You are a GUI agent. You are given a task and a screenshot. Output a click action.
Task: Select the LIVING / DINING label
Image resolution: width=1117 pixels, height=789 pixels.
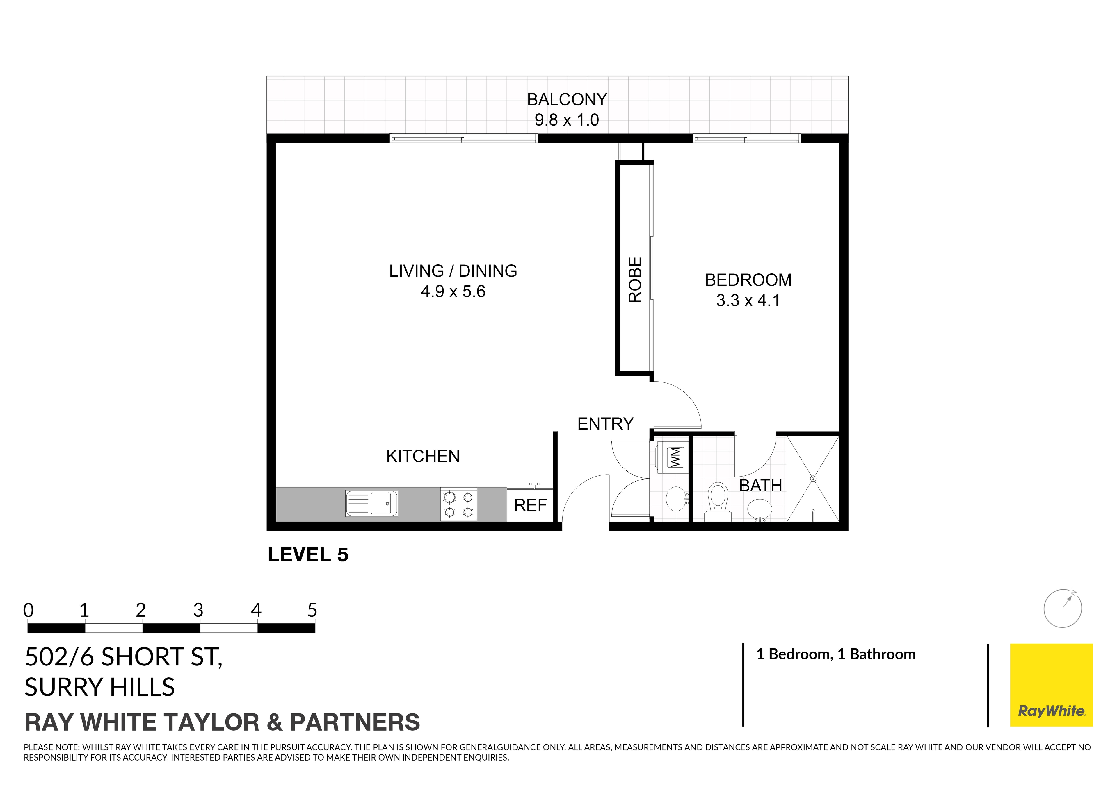coord(453,271)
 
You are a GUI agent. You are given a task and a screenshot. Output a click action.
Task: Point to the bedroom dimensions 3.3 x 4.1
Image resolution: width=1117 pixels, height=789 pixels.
coord(748,300)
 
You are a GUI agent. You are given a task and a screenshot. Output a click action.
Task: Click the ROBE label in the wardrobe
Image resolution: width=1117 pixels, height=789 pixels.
coord(635,280)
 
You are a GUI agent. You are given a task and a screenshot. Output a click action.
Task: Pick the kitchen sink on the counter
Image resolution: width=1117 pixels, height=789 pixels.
coord(372,503)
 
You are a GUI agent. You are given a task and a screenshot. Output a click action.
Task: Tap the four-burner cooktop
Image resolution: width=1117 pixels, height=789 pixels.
coord(459,504)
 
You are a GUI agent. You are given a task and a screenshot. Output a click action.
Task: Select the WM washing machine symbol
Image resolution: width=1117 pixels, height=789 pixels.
coord(675,457)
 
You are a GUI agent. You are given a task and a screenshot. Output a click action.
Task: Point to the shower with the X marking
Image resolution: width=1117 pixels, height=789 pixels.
coord(813,479)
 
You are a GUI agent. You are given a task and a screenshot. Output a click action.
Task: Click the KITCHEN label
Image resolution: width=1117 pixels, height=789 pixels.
coord(423,456)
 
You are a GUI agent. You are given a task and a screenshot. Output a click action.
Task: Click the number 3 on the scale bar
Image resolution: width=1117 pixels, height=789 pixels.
coord(198,610)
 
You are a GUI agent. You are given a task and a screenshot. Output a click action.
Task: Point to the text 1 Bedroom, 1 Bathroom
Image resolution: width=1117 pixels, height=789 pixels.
coord(836,654)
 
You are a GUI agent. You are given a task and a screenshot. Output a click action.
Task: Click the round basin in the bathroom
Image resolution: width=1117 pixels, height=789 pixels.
coord(759,509)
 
